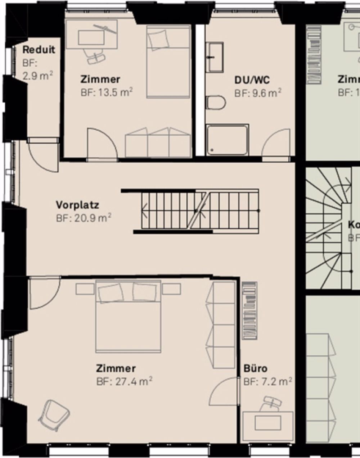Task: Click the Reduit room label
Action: point(39,50)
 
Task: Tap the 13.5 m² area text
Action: point(107,92)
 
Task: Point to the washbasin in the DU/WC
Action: point(215,57)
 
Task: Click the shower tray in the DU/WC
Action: point(227,140)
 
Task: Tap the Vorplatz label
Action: point(77,205)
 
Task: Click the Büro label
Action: point(256,369)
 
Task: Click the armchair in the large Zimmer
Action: point(54,415)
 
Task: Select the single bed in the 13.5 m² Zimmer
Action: point(168,62)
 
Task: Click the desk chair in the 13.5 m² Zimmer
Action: point(95,56)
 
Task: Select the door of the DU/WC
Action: point(276,144)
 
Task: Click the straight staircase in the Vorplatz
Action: point(196,211)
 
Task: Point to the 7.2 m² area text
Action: point(267,382)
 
